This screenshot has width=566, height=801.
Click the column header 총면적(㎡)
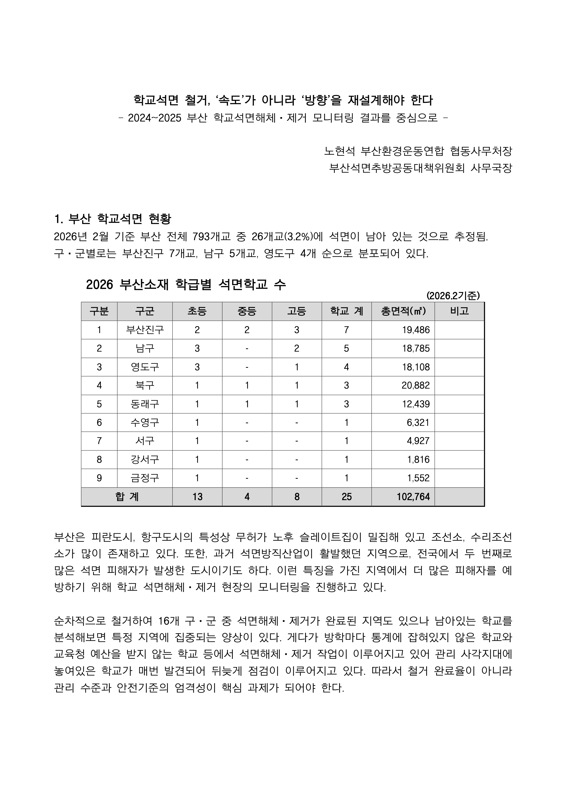pyautogui.click(x=403, y=311)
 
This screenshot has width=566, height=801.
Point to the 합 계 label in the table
pyautogui.click(x=127, y=496)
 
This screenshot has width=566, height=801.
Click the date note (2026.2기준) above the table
pyautogui.click(x=453, y=296)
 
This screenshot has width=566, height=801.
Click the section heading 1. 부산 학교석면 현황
pyautogui.click(x=113, y=219)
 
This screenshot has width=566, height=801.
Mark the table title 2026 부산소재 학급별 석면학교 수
pyautogui.click(x=186, y=285)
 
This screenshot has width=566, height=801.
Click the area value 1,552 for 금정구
pyautogui.click(x=418, y=478)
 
